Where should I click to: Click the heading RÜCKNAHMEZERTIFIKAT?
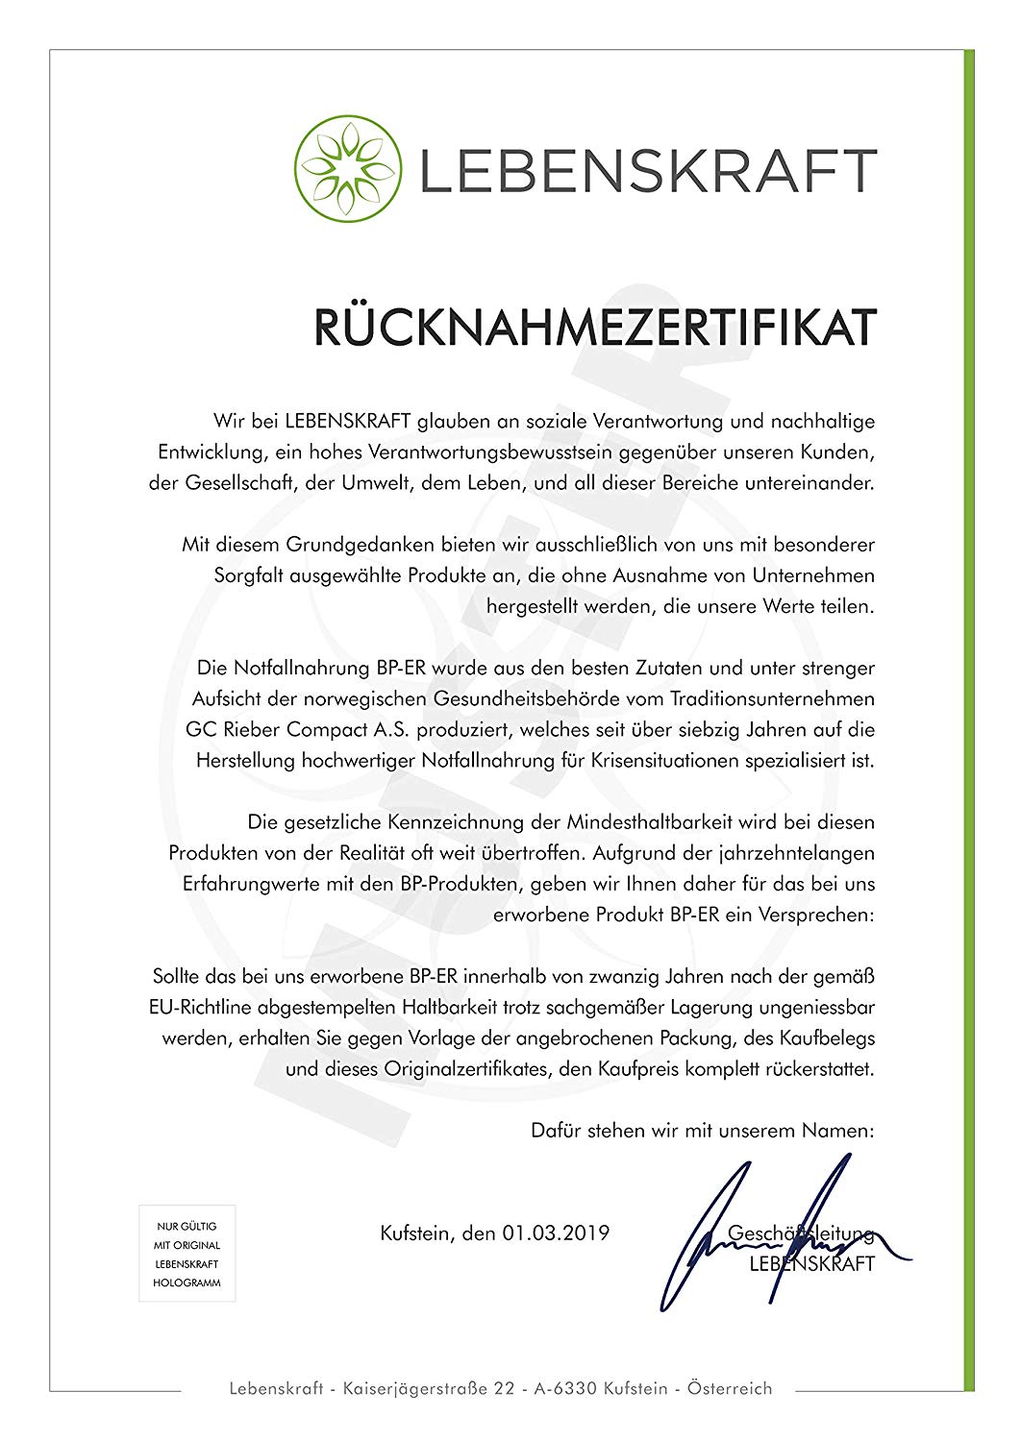tap(595, 329)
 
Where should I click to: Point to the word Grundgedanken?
tap(361, 545)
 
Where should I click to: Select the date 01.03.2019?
tap(556, 1233)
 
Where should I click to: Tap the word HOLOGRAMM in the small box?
tap(187, 1282)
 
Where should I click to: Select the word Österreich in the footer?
tap(730, 1388)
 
